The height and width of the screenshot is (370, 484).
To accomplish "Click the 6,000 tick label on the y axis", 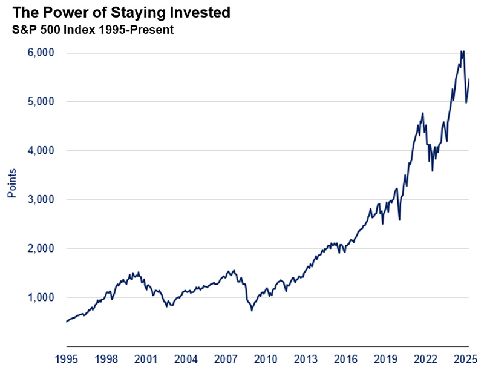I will point(42,53).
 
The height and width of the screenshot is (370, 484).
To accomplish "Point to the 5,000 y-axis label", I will point(42,102).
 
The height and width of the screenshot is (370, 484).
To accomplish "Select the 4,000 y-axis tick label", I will point(42,151).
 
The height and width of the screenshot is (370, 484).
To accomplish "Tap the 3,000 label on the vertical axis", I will point(42,200).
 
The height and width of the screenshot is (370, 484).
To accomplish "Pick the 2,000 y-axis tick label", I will point(42,249).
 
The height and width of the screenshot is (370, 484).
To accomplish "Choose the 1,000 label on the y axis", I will point(42,298).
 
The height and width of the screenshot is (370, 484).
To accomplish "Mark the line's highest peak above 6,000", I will point(462,51).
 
